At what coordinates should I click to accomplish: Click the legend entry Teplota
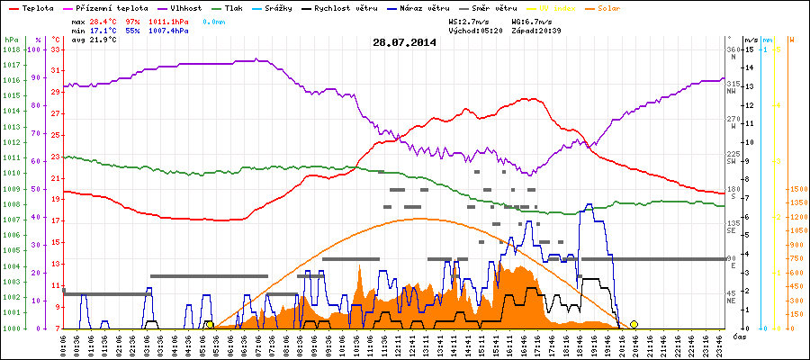[37, 7]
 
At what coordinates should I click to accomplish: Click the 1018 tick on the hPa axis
[11, 50]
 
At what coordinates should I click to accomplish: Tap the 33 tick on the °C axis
[56, 50]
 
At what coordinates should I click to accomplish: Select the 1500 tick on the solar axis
[796, 190]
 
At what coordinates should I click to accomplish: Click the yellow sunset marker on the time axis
[634, 324]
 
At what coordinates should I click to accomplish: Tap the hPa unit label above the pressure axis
[10, 40]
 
